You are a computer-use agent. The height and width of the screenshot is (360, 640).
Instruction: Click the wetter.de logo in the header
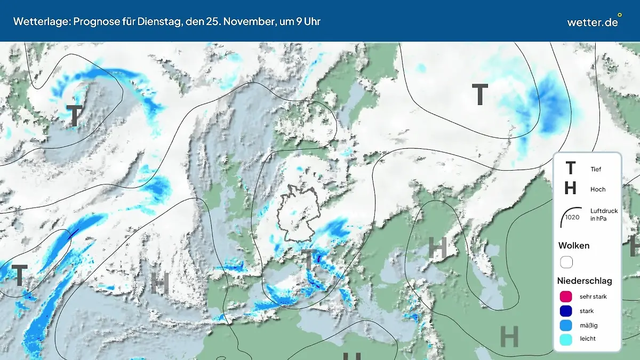[593, 22]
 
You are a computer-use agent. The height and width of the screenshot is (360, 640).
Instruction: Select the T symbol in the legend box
[570, 169]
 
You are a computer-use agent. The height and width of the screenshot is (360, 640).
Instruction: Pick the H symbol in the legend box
[570, 188]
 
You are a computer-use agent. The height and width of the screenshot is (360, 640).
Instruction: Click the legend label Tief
[596, 169]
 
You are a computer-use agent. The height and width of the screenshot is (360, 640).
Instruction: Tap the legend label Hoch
[598, 189]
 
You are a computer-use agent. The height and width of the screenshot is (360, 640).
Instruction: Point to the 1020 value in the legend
[572, 217]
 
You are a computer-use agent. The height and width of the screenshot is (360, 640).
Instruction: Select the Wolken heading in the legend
[574, 245]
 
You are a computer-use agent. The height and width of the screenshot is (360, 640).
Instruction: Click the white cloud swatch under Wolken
[566, 262]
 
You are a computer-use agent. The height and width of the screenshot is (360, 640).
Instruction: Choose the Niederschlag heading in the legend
[585, 281]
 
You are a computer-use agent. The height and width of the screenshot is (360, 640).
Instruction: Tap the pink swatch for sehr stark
[566, 297]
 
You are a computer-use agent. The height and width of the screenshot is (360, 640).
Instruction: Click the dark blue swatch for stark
[566, 310]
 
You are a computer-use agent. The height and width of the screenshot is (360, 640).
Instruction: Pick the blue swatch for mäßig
[566, 324]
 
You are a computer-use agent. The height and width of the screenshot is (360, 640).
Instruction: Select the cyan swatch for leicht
[566, 338]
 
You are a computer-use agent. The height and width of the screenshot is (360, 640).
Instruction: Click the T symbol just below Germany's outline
[308, 260]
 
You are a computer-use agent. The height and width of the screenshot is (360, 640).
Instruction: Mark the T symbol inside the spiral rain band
[75, 115]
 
